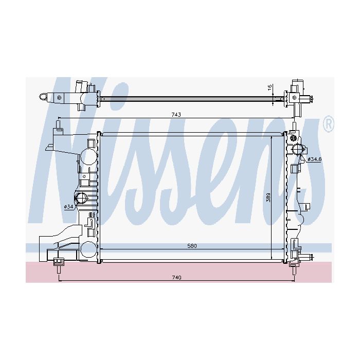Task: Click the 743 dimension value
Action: click(x=176, y=115)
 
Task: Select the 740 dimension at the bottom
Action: click(x=176, y=278)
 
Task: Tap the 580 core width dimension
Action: click(x=192, y=246)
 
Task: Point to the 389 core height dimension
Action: click(x=268, y=197)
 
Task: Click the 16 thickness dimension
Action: click(x=270, y=87)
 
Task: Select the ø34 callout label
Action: click(x=68, y=207)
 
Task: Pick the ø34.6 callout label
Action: click(x=315, y=159)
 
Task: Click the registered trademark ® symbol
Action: click(x=329, y=124)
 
